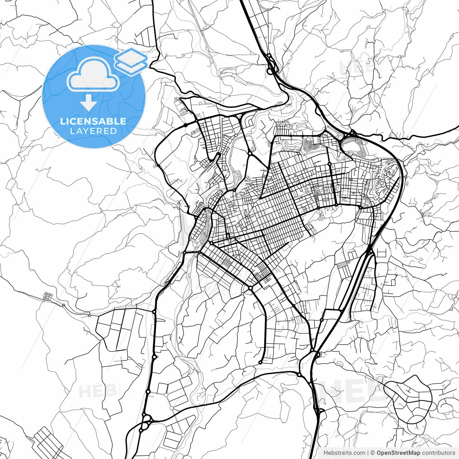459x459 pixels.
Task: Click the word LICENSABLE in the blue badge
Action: pyautogui.click(x=93, y=121)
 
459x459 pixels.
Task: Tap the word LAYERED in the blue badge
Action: pyautogui.click(x=93, y=131)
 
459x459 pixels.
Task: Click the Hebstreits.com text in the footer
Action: pyautogui.click(x=344, y=453)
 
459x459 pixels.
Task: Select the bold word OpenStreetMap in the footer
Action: pyautogui.click(x=398, y=453)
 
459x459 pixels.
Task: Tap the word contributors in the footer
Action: pyautogui.click(x=439, y=453)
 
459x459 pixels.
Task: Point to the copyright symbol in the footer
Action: pyautogui.click(x=373, y=453)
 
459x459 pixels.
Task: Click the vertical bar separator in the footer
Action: pyautogui.click(x=368, y=453)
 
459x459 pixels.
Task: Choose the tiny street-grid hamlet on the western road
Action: pyautogui.click(x=47, y=296)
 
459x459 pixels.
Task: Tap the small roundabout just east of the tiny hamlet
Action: pyautogui.click(x=63, y=305)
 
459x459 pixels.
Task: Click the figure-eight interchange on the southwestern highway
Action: pyautogui.click(x=145, y=423)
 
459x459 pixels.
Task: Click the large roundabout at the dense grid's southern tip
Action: pyautogui.click(x=250, y=288)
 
